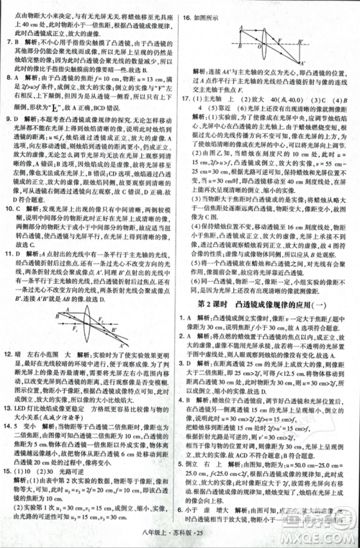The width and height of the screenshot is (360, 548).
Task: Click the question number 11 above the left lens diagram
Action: (8, 253)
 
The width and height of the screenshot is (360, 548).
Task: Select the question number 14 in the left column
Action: (8, 426)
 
